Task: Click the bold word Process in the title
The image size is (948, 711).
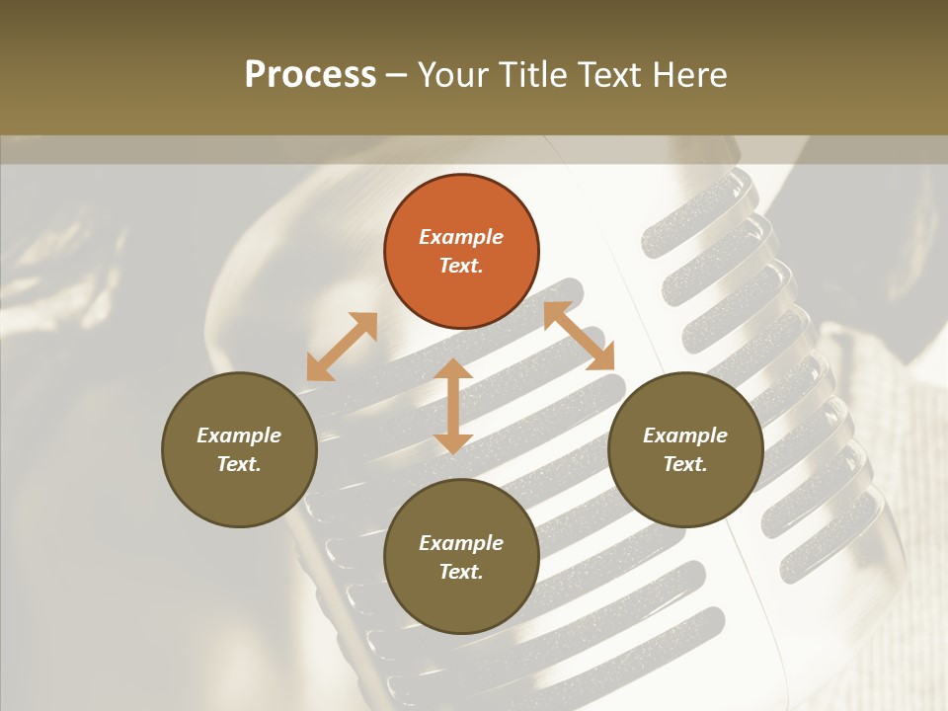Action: coord(310,75)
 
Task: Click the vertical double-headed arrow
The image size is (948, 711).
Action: coord(453,406)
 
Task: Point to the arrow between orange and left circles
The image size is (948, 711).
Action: coord(342,347)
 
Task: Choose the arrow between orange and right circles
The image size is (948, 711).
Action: coord(579,336)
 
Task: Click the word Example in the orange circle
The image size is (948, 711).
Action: coord(461,237)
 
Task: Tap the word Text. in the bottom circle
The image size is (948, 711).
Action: coord(461,572)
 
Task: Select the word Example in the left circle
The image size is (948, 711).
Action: coord(239,435)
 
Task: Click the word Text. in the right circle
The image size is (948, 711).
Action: coord(685,464)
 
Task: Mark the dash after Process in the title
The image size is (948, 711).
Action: coord(396,75)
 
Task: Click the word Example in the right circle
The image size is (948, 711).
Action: coord(685,435)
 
